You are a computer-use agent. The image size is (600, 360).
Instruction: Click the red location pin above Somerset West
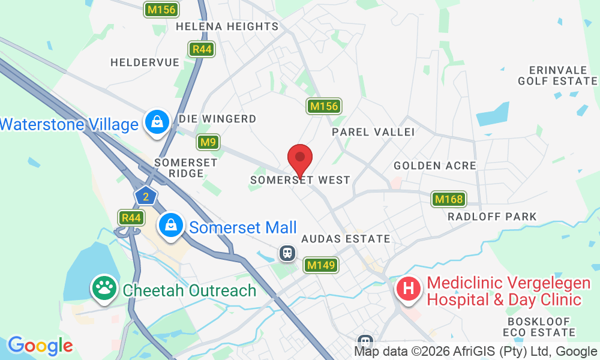pyautogui.click(x=300, y=160)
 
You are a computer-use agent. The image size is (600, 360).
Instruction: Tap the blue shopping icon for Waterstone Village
pyautogui.click(x=157, y=122)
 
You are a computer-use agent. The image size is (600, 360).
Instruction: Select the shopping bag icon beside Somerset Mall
pyautogui.click(x=171, y=226)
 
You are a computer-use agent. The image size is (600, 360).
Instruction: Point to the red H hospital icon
pyautogui.click(x=409, y=289)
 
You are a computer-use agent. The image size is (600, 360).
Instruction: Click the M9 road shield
pyautogui.click(x=208, y=142)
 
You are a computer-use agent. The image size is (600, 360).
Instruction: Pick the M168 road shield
pyautogui.click(x=448, y=199)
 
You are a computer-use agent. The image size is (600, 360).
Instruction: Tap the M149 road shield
pyautogui.click(x=321, y=265)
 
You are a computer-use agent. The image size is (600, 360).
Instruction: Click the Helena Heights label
pyautogui.click(x=227, y=26)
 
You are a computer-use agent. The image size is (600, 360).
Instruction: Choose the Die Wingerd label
pyautogui.click(x=218, y=119)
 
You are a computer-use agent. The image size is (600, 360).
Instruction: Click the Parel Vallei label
pyautogui.click(x=373, y=131)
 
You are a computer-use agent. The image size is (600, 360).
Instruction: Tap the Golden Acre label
pyautogui.click(x=435, y=165)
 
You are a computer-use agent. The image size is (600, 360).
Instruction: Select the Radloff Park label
pyautogui.click(x=492, y=216)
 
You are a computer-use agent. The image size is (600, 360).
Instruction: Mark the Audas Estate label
pyautogui.click(x=346, y=239)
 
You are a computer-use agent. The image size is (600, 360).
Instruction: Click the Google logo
pyautogui.click(x=40, y=346)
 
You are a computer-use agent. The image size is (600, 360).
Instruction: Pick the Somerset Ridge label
pyautogui.click(x=179, y=167)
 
